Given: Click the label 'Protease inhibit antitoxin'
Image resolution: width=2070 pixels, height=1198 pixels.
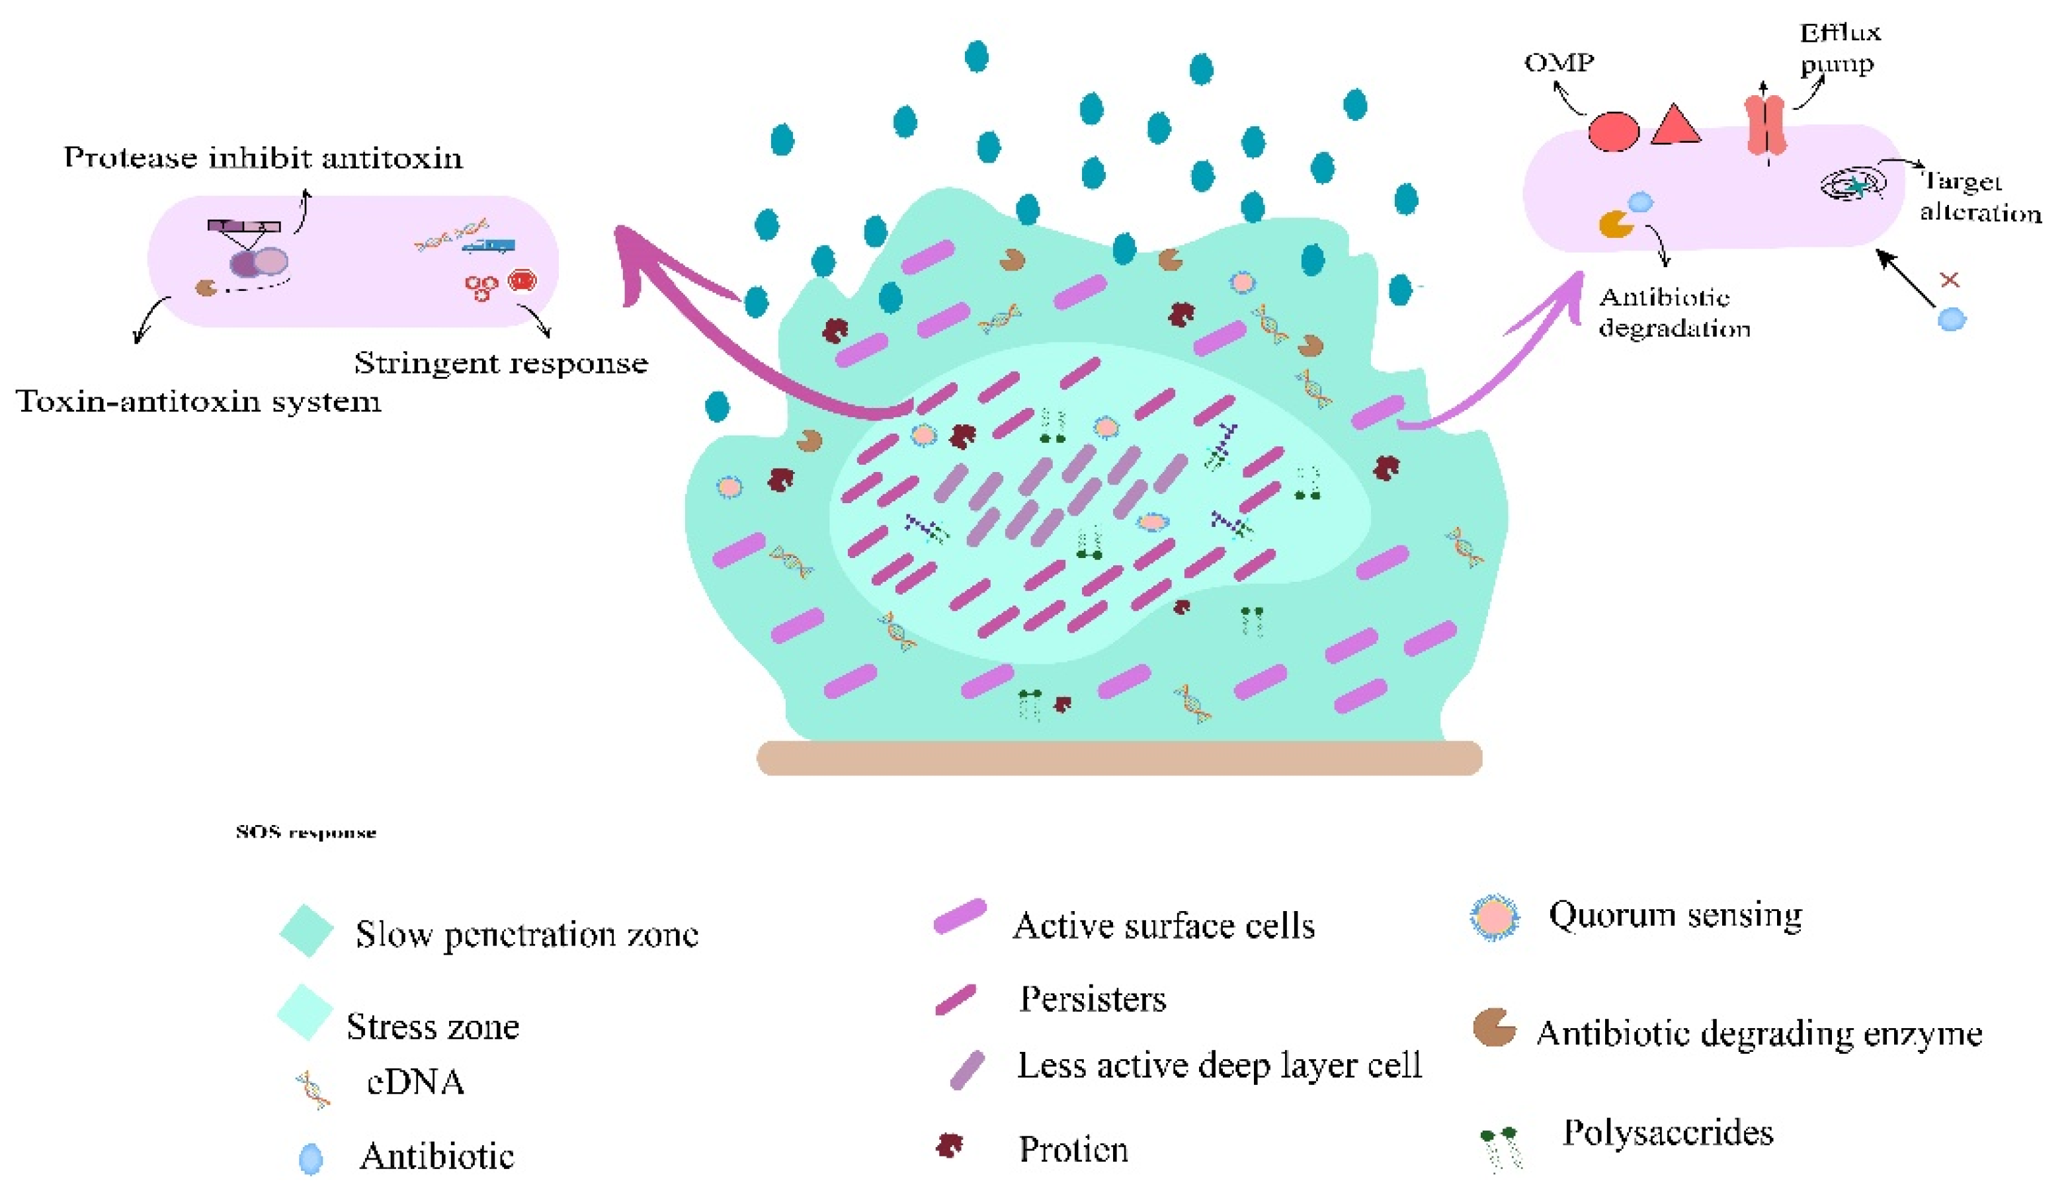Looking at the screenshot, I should tap(263, 157).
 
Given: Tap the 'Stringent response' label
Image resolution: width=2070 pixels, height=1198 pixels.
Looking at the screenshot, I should tap(500, 362).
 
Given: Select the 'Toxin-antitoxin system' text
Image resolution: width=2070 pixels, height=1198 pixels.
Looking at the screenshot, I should tap(199, 401).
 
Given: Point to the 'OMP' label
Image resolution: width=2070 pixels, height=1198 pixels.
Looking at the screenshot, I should tap(1558, 62).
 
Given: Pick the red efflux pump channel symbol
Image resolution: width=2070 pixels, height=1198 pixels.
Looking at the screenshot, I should tap(1765, 125).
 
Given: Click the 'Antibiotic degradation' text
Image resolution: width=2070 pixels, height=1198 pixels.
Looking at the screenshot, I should tap(1673, 312).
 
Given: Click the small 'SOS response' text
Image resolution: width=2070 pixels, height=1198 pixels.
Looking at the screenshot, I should tap(306, 832).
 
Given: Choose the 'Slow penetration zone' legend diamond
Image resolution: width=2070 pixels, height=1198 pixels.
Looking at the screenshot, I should tap(306, 930).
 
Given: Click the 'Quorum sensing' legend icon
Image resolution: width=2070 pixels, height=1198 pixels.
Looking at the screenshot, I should tap(1494, 917).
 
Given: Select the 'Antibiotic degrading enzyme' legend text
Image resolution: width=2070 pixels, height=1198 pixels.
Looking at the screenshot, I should tap(1759, 1033).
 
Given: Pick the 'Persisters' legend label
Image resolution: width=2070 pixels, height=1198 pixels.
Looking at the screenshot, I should tap(1092, 999).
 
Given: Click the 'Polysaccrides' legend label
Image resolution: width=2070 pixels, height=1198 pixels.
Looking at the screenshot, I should tap(1667, 1133).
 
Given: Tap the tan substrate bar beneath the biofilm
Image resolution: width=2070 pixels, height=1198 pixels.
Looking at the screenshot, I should tap(1119, 757).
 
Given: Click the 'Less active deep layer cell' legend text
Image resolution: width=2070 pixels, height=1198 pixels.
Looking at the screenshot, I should tap(1219, 1065).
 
